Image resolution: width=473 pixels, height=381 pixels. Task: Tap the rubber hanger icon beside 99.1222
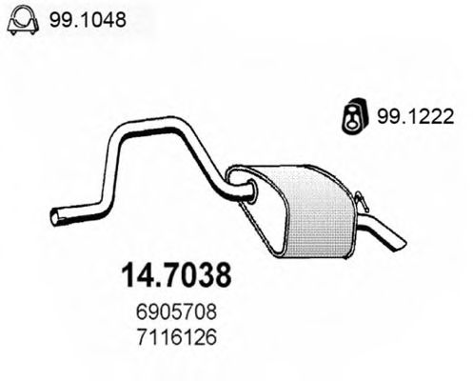click(350, 115)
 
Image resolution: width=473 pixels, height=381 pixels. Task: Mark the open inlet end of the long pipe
click(54, 218)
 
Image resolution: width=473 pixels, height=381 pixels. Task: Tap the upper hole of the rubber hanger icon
click(350, 109)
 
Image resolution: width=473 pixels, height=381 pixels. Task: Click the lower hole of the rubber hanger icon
click(350, 122)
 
